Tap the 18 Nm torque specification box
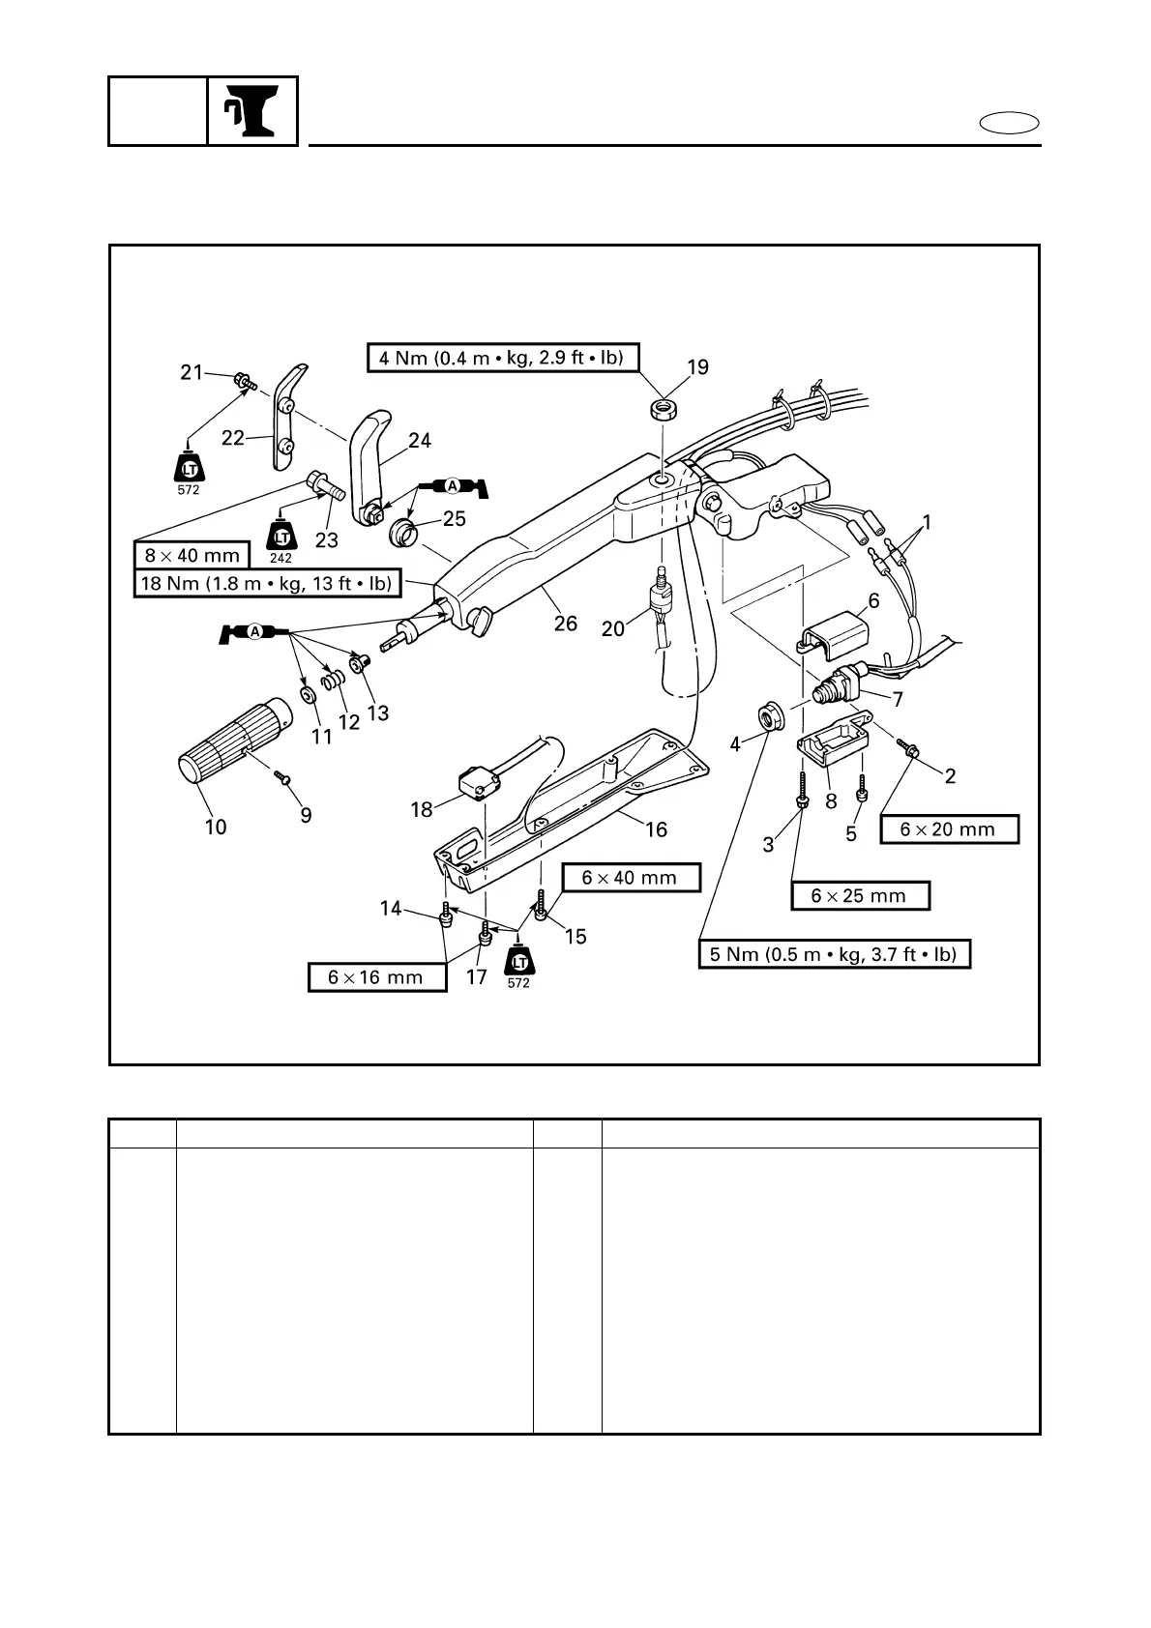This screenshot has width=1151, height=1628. point(266,584)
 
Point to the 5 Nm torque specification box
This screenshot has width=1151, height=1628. point(834,954)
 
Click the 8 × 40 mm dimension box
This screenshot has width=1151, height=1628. point(192,556)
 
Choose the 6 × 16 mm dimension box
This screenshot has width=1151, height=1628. point(376,977)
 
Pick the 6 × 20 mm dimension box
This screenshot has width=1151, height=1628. point(949,829)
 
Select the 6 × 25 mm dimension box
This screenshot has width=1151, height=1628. point(860,896)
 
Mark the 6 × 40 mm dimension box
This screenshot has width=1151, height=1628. point(630,878)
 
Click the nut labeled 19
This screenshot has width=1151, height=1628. point(663,410)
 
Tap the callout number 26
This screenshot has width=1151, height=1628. point(566,624)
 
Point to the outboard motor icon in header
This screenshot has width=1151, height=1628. point(251,111)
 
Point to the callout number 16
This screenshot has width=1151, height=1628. point(656,829)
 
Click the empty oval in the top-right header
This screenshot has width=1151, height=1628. point(1010,124)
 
